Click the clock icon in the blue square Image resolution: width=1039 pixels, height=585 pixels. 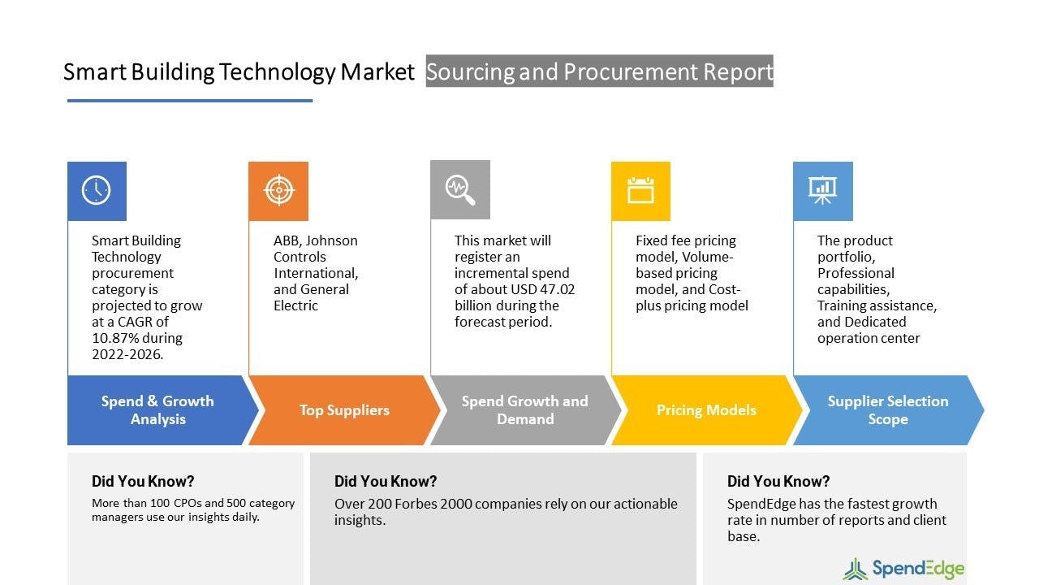click(96, 190)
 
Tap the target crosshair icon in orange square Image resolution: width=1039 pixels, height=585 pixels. click(278, 190)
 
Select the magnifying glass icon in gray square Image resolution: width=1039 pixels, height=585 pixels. click(460, 190)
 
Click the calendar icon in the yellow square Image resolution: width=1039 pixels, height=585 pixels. click(640, 190)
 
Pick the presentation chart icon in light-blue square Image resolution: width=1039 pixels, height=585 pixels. click(822, 190)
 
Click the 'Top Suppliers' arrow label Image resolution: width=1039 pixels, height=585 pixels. click(344, 410)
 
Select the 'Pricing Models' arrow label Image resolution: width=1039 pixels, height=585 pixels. click(706, 410)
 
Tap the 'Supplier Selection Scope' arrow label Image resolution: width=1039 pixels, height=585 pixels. click(888, 410)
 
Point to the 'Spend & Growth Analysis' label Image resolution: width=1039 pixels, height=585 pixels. click(157, 410)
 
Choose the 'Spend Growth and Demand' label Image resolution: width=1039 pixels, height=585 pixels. click(524, 410)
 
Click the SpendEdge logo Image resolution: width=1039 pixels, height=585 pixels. click(903, 569)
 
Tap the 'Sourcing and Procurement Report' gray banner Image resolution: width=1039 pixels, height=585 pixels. click(599, 71)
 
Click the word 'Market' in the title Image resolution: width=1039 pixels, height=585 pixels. click(377, 72)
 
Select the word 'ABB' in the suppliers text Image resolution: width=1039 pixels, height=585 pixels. click(287, 240)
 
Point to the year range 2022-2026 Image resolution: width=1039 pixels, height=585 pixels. click(127, 354)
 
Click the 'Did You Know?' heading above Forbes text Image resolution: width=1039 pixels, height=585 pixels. click(386, 482)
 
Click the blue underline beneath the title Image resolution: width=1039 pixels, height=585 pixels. click(190, 100)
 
